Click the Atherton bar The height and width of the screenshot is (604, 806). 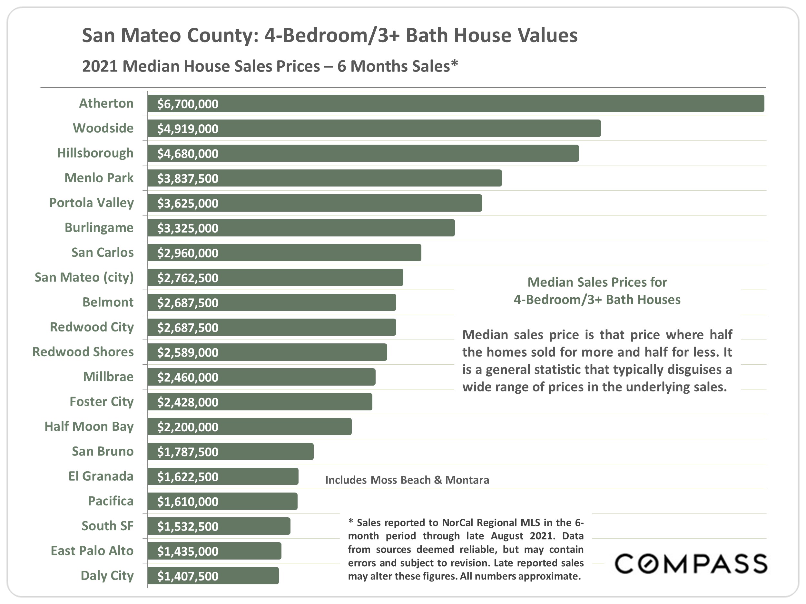456,103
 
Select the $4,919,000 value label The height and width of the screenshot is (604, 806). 188,129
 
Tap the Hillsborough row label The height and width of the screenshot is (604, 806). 95,153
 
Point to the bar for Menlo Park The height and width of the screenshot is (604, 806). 324,178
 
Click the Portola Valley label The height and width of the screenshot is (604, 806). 91,203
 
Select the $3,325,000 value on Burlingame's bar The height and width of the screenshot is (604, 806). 188,228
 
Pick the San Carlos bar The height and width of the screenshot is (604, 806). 284,253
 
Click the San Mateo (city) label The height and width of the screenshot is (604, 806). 84,277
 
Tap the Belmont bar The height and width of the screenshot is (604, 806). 271,302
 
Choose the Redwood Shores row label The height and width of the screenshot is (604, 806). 83,352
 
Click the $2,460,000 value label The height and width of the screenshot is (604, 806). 188,377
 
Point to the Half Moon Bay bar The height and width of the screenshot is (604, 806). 250,427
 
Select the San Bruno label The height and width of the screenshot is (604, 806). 103,451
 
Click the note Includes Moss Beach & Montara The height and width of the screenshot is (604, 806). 407,480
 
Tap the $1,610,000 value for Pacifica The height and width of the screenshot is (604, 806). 188,502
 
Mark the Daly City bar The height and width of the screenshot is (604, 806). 213,576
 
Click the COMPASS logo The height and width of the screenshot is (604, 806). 691,564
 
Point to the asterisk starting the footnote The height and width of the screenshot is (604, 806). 350,521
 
